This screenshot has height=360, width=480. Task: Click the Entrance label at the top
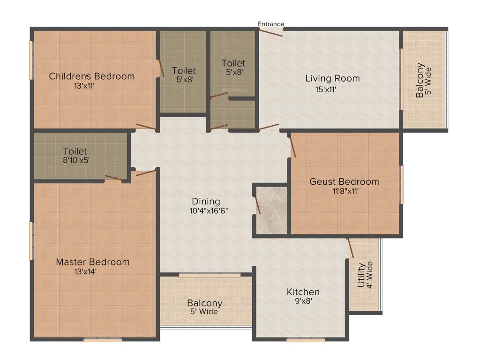[271, 24]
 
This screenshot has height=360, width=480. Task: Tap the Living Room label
[332, 78]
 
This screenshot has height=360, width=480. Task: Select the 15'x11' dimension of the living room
[326, 89]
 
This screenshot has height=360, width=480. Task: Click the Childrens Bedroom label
[92, 76]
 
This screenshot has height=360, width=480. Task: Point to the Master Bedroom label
[93, 262]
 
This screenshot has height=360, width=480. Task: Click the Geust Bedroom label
[344, 182]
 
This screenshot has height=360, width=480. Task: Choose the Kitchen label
[303, 292]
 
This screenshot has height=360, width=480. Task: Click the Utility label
[361, 275]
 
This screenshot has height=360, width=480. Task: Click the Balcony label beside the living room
[420, 80]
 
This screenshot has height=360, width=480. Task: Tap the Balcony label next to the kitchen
[205, 303]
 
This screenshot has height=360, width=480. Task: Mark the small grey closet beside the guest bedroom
[272, 209]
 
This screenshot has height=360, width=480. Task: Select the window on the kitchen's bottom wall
[299, 340]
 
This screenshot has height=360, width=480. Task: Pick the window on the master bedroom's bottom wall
[103, 340]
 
